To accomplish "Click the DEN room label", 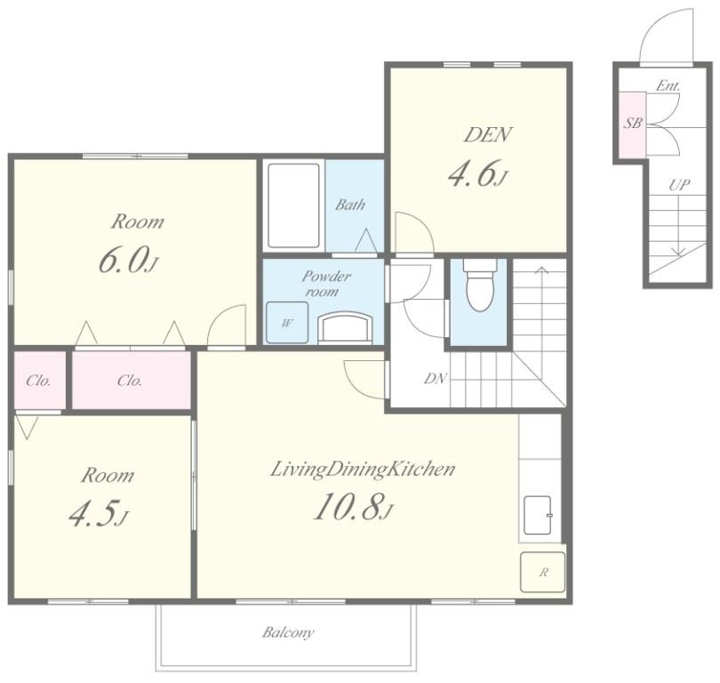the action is pyautogui.click(x=487, y=135).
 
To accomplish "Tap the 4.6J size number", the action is pyautogui.click(x=477, y=173).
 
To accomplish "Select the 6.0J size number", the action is pyautogui.click(x=128, y=260).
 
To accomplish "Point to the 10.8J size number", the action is pyautogui.click(x=354, y=507).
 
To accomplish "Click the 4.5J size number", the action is pyautogui.click(x=99, y=513).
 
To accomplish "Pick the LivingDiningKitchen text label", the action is pyautogui.click(x=363, y=470).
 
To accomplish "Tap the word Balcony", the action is pyautogui.click(x=288, y=633).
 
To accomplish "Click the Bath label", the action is pyautogui.click(x=350, y=205).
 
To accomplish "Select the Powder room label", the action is pyautogui.click(x=325, y=284).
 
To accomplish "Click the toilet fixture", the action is pyautogui.click(x=479, y=285).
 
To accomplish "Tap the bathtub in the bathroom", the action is pyautogui.click(x=293, y=205).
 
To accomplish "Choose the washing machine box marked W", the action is pyautogui.click(x=287, y=323).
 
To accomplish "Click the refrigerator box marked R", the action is pyautogui.click(x=543, y=573).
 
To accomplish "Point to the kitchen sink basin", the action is pyautogui.click(x=538, y=515).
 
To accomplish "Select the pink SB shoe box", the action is pyautogui.click(x=632, y=123).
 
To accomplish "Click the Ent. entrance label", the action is pyautogui.click(x=668, y=85).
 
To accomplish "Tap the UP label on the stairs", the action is pyautogui.click(x=679, y=185).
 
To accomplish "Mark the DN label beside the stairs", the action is pyautogui.click(x=435, y=379).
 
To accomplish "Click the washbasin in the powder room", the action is pyautogui.click(x=346, y=327).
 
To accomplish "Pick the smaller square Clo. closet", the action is pyautogui.click(x=40, y=381).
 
